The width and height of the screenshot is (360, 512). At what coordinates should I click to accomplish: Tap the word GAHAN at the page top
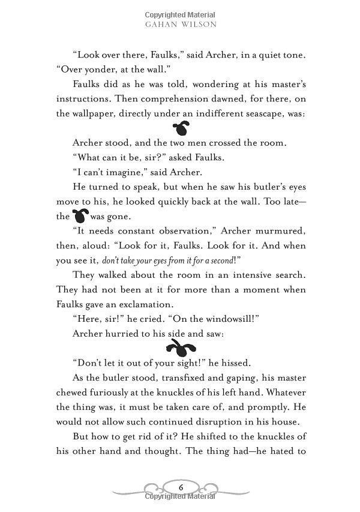tap(163, 25)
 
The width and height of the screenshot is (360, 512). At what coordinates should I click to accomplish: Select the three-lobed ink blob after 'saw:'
tap(179, 345)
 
